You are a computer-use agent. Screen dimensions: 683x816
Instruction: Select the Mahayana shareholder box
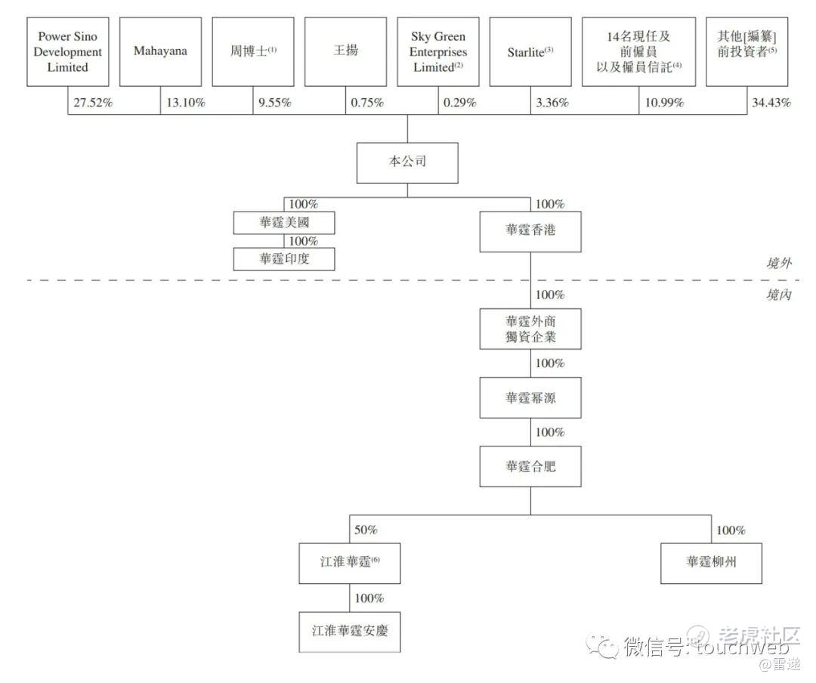coord(160,51)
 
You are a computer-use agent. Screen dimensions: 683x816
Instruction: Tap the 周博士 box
coord(253,51)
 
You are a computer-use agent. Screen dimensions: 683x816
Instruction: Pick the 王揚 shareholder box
coord(346,51)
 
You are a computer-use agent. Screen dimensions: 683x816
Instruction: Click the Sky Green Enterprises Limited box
coord(438,51)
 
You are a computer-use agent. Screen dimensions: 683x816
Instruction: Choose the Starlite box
coord(530,51)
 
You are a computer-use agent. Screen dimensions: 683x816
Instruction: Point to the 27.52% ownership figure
coord(93,103)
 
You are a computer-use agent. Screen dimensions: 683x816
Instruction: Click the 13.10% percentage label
coord(185,103)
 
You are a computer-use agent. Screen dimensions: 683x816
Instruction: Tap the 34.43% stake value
coord(771,103)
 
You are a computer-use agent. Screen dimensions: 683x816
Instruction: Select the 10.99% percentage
coord(664,103)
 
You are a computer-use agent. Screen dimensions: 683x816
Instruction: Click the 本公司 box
coord(407,162)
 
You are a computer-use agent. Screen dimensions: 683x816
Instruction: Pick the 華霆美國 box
coord(284,223)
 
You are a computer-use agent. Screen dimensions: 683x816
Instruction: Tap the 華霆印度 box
coord(284,259)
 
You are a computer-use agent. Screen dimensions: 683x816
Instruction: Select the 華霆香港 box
coord(530,230)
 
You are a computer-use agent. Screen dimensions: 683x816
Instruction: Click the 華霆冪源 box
coord(530,397)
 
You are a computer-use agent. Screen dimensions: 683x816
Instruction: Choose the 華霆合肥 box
coord(530,466)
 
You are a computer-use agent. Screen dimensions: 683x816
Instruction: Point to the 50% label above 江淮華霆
coord(366,530)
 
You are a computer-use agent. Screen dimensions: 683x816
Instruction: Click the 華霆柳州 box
coord(711,562)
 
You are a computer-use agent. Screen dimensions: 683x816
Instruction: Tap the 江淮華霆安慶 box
coord(349,631)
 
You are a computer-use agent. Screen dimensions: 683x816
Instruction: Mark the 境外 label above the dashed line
coord(777,263)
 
